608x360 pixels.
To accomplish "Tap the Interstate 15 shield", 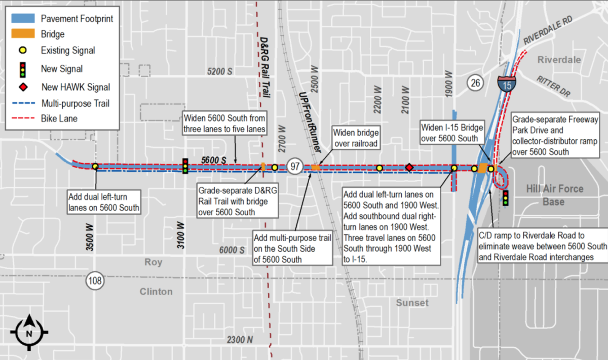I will point(507,83).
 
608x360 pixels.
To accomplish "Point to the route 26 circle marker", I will point(475,82).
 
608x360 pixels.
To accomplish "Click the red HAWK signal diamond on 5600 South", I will point(409,168).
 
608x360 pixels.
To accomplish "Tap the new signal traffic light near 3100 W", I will point(185,166).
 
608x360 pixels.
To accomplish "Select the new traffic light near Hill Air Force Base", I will point(505,198).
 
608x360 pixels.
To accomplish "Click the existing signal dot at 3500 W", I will point(95,166).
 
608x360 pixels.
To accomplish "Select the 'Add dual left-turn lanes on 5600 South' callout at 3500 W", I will point(104,201).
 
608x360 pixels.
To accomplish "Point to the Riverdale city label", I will point(559,60).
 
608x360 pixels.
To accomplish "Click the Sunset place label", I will point(413,303).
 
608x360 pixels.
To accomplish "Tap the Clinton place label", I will point(156,292).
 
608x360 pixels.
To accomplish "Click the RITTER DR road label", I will point(553,86).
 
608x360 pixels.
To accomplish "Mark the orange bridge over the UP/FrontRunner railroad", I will point(316,167).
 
